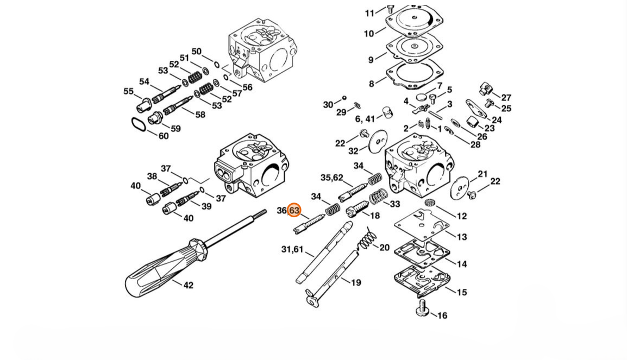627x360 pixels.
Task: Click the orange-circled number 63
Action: point(294,210)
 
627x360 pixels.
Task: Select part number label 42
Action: point(189,285)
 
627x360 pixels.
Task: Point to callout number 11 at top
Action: point(370,13)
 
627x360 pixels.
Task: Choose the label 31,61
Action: point(292,249)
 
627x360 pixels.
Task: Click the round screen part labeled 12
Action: point(430,202)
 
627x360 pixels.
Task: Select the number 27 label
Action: point(506,98)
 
